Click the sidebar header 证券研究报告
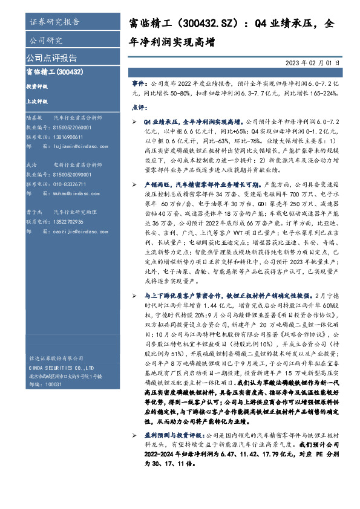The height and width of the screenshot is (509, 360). click(54, 23)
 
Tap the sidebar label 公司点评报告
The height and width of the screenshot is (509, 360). click(51, 59)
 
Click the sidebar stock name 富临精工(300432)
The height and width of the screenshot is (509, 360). click(55, 72)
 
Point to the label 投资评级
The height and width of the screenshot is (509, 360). click(36, 86)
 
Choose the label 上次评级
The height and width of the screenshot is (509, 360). click(36, 101)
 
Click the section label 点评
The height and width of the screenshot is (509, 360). click(139, 107)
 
